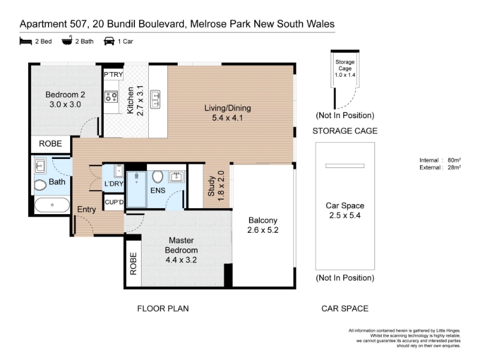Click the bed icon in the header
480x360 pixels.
click(26, 41)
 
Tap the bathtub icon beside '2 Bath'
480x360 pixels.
click(67, 40)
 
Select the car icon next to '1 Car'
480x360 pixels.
click(109, 41)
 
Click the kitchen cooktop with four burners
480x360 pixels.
click(111, 97)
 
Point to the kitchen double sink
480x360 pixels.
click(155, 100)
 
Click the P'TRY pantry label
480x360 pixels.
click(113, 74)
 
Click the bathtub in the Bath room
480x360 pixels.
click(52, 205)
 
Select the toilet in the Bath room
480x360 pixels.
click(40, 185)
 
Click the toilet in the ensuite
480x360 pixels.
click(157, 176)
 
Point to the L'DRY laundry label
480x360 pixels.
click(114, 184)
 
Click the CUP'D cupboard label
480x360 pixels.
click(114, 202)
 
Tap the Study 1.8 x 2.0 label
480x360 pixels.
click(216, 186)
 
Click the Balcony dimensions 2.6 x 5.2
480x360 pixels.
click(263, 230)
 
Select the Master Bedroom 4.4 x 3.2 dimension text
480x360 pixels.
click(181, 260)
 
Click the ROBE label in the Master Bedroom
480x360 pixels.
click(133, 263)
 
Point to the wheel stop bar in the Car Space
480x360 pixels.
click(345, 166)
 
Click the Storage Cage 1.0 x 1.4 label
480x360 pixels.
click(345, 68)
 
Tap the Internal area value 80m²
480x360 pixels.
click(454, 160)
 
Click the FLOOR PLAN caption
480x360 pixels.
click(163, 308)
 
